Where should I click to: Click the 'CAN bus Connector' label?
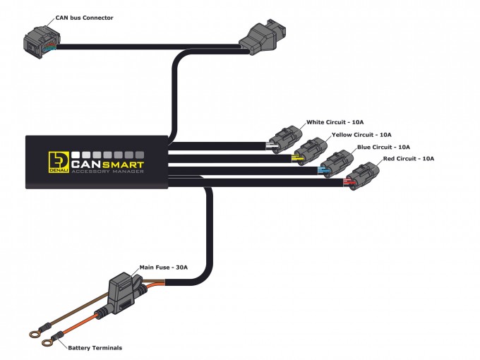pyautogui.click(x=84, y=17)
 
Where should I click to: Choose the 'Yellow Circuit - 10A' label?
pyautogui.click(x=361, y=134)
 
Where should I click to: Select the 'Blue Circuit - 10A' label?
pyautogui.click(x=384, y=147)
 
